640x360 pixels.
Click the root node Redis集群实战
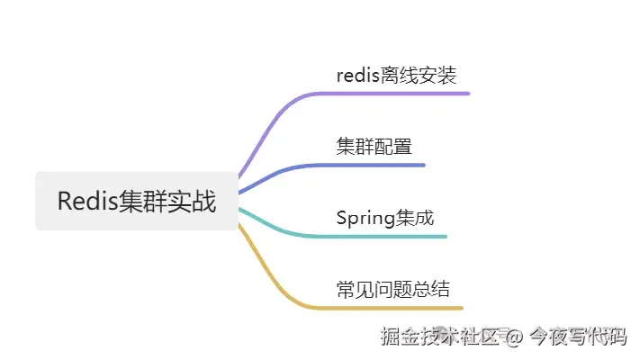click(x=137, y=201)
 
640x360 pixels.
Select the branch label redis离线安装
click(x=402, y=75)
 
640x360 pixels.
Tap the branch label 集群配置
click(x=374, y=147)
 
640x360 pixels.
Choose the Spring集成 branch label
click(x=385, y=219)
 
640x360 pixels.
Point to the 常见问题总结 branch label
click(x=393, y=290)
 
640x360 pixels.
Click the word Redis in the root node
click(x=86, y=201)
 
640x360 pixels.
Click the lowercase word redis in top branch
click(x=357, y=75)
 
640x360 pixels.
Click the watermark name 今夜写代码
click(x=576, y=337)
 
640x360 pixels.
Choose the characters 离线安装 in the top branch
click(x=425, y=75)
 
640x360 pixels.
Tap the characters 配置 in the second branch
click(x=393, y=147)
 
